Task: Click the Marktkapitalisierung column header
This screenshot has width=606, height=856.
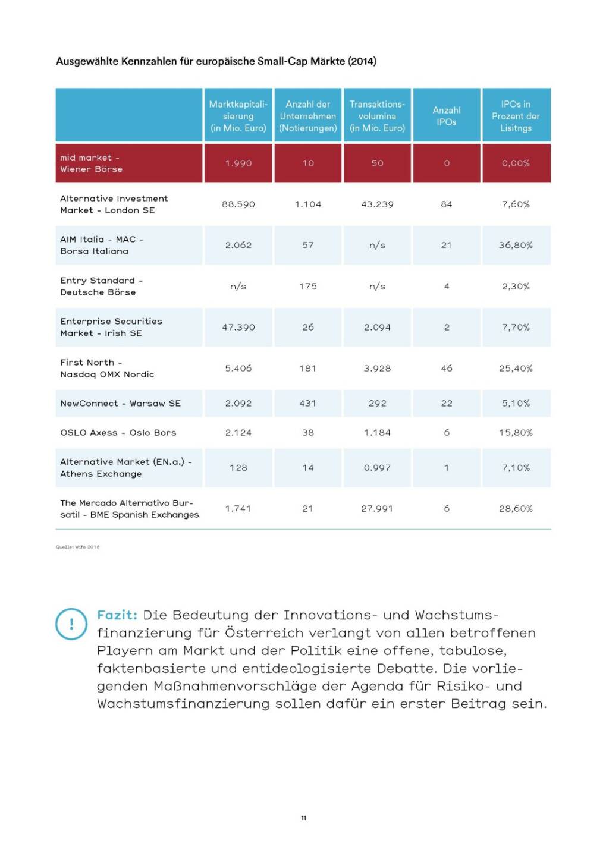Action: [238, 116]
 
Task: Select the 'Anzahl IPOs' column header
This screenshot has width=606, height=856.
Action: [447, 116]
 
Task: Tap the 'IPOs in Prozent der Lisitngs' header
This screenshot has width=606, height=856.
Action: [516, 116]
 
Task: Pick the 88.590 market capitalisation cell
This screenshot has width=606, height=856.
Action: [238, 204]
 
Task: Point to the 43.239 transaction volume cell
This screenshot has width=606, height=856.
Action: [377, 204]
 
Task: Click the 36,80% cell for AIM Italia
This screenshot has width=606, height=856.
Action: [516, 246]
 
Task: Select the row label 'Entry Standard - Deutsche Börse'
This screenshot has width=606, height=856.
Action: [101, 287]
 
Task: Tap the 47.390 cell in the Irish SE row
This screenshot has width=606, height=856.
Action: [238, 328]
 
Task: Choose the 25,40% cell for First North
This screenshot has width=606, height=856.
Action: [516, 369]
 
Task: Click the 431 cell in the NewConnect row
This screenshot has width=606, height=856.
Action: [307, 404]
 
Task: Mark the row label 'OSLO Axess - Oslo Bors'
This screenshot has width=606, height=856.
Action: [118, 433]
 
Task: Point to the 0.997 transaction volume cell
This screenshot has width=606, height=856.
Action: [377, 468]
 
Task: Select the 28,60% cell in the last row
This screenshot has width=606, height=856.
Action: [516, 509]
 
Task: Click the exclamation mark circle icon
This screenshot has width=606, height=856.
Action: [71, 624]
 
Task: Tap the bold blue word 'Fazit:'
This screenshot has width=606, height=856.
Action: [117, 615]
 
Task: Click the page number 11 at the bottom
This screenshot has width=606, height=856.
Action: [303, 819]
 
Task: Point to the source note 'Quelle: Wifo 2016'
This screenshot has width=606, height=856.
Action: [78, 547]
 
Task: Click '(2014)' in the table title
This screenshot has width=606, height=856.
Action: [362, 61]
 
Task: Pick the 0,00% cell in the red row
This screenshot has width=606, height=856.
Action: [516, 163]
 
